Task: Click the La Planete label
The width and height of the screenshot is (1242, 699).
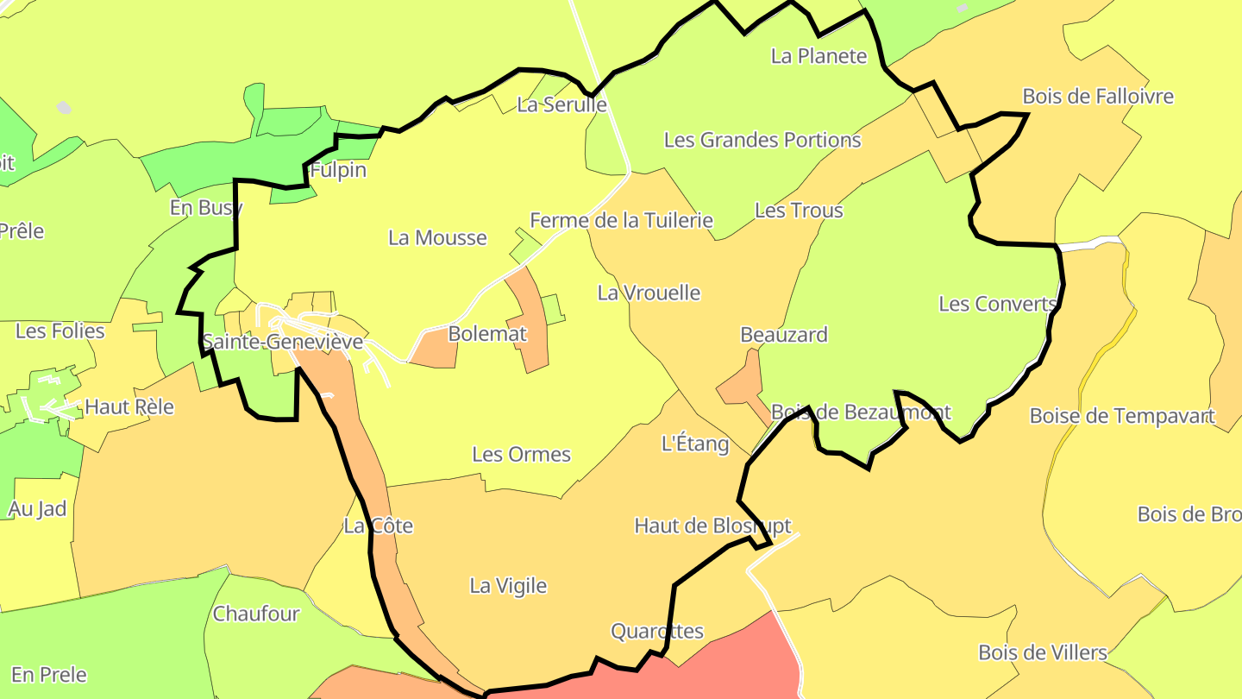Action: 819,56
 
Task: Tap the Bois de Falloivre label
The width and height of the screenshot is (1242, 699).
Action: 1098,96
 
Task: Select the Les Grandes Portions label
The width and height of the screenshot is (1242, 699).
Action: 762,140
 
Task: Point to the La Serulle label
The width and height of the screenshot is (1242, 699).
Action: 561,104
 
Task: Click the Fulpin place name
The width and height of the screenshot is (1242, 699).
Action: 338,170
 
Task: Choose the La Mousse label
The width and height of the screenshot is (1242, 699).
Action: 437,237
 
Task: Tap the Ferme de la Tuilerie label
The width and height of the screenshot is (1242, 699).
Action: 621,220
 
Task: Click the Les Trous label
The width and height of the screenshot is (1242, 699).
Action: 799,210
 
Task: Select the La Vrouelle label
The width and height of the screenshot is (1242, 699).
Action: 649,293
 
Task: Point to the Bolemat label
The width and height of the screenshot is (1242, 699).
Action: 487,334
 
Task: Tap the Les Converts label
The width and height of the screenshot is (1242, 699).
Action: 998,304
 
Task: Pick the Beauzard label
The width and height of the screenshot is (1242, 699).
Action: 784,334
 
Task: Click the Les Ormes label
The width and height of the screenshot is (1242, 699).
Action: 521,454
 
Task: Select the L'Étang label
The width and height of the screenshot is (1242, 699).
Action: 694,444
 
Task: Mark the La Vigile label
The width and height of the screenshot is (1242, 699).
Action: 508,585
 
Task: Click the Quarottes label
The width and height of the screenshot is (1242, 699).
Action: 657,631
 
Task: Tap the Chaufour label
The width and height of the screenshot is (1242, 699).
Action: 256,614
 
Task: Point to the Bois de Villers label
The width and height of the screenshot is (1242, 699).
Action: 1042,652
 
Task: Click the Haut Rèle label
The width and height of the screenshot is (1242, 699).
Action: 129,406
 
